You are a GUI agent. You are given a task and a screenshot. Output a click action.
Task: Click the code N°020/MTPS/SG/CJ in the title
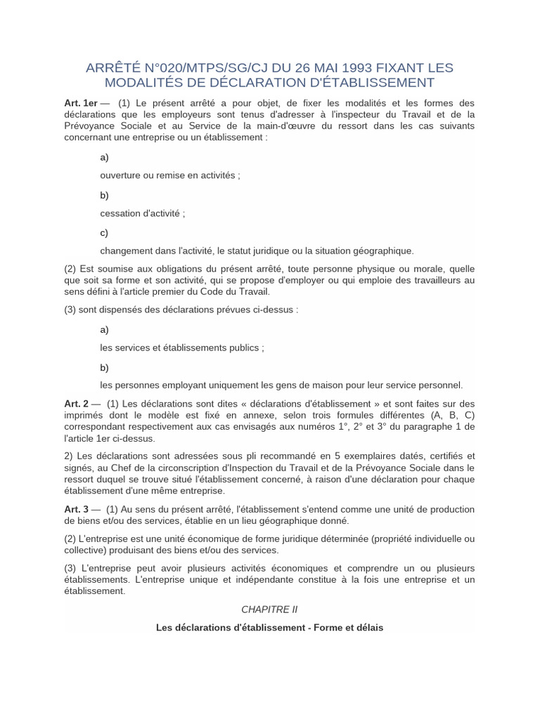click(204, 68)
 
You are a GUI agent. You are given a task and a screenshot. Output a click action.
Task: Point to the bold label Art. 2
click(77, 404)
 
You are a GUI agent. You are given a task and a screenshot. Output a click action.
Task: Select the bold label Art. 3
click(77, 509)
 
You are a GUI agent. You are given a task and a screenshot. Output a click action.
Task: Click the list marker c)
click(104, 232)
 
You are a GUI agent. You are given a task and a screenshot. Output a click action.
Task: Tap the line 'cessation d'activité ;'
click(143, 213)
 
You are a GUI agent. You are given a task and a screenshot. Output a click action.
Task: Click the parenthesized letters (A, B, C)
click(450, 415)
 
